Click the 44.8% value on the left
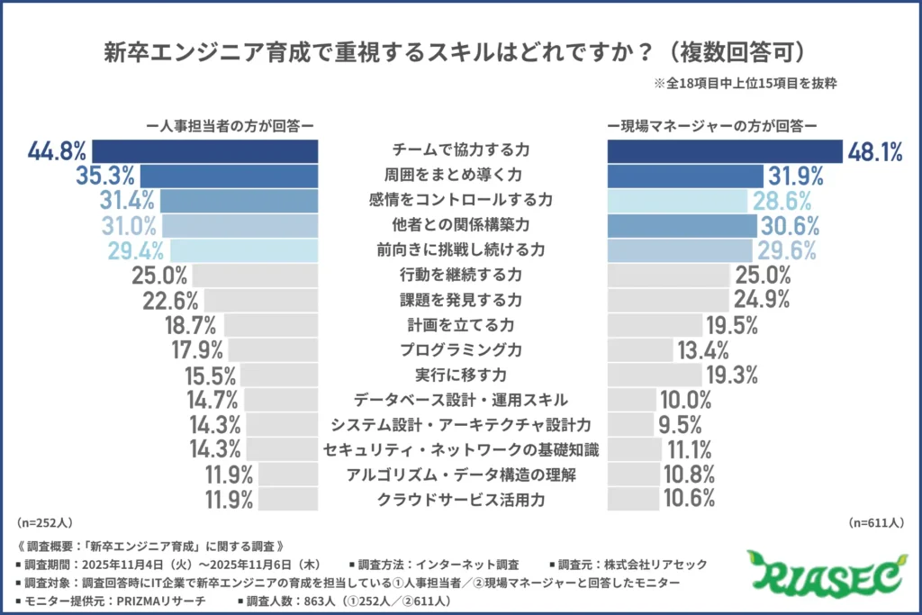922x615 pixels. (57, 151)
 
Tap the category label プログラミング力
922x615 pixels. (462, 348)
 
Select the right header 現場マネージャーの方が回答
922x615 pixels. (711, 126)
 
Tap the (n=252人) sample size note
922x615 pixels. (43, 521)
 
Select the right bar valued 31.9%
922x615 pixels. (684, 176)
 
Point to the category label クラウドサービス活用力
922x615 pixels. (462, 498)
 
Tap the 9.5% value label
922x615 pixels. (683, 423)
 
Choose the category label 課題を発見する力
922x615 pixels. (462, 299)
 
